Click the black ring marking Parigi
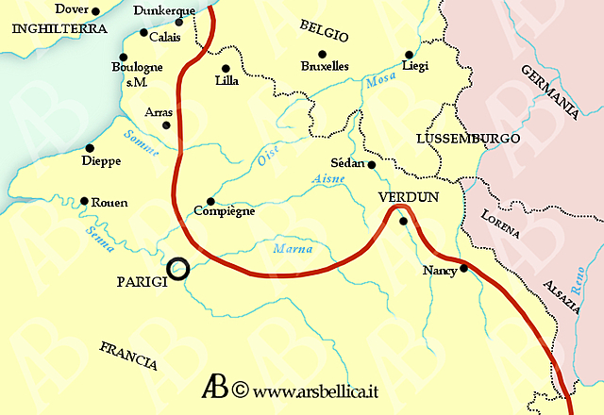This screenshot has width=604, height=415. (177, 270)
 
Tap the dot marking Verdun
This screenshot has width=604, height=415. (403, 222)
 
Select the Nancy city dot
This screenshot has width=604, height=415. (462, 268)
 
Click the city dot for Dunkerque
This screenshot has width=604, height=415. (178, 22)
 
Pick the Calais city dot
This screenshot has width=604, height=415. (143, 33)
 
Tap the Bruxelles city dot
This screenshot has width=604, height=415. (322, 54)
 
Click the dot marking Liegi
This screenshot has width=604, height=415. (409, 55)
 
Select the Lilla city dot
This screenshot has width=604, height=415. (226, 68)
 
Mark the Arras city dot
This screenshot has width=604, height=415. (166, 124)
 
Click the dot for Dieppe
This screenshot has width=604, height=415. (89, 148)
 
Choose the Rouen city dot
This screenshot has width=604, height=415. (84, 201)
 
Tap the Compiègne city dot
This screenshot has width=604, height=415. (210, 201)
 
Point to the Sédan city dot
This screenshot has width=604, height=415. (372, 165)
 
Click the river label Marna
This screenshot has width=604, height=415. (292, 250)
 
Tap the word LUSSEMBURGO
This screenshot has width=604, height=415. (468, 139)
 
